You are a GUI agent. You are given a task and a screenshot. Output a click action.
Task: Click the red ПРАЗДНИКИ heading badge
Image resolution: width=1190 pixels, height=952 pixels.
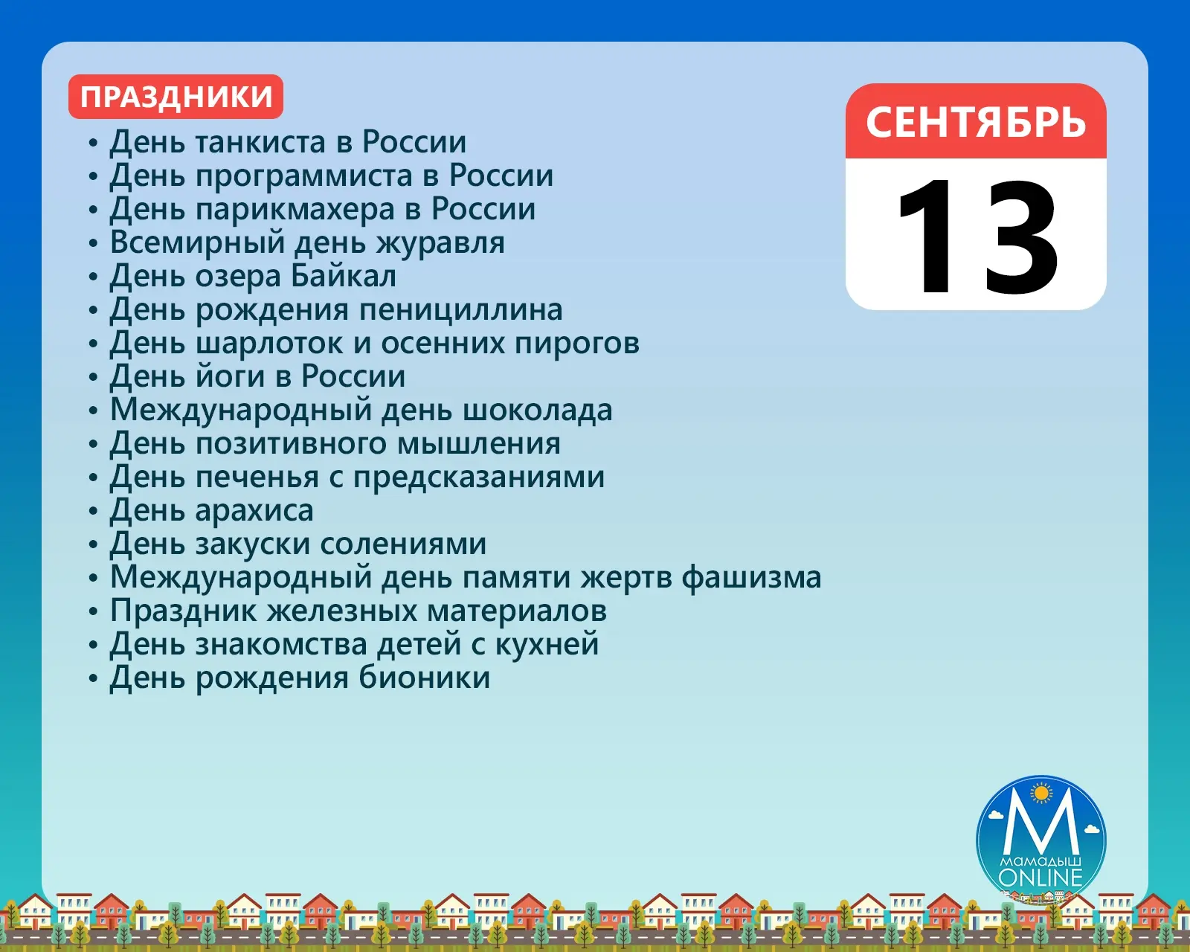176,97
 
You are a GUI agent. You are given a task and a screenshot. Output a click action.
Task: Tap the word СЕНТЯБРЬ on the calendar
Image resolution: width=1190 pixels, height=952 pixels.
976,122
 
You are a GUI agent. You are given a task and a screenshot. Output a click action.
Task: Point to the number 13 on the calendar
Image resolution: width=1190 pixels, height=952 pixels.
977,237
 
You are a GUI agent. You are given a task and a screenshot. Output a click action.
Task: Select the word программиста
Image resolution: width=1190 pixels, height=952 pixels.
304,177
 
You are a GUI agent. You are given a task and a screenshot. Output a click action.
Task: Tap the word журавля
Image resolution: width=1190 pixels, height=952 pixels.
440,244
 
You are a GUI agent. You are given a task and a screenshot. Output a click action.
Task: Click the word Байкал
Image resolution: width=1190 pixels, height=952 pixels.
344,275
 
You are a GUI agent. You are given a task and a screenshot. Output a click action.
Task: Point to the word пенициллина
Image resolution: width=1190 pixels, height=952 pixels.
460,310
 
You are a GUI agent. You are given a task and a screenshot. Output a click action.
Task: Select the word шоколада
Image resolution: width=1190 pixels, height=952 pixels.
537,411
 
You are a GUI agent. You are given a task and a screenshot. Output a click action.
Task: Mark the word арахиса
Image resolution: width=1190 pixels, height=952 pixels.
254,511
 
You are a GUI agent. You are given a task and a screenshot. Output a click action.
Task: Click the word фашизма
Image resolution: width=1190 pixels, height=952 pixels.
751,578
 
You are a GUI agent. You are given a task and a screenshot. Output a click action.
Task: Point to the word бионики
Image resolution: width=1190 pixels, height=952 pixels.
424,678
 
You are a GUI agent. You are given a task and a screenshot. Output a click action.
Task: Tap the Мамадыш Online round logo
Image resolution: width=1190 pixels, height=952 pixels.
1041,840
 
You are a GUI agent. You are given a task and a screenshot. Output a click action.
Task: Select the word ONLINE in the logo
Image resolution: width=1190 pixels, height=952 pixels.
1041,877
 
